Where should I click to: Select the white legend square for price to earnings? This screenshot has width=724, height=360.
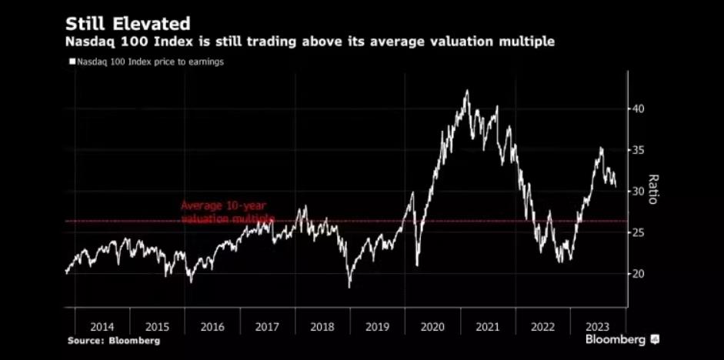click(x=72, y=62)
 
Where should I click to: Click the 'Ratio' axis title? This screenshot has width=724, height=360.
click(x=653, y=188)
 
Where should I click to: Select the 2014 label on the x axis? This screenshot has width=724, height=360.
click(x=102, y=326)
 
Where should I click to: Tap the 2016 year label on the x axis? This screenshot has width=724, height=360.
click(x=212, y=326)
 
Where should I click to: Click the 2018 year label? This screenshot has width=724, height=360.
click(x=322, y=326)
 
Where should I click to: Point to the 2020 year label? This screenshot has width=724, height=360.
click(x=432, y=326)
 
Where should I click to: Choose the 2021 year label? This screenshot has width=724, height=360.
click(x=488, y=326)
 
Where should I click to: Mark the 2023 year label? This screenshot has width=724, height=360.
click(x=598, y=326)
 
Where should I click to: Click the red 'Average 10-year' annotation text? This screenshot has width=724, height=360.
click(x=223, y=205)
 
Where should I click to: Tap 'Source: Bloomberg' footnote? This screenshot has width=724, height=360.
click(x=113, y=340)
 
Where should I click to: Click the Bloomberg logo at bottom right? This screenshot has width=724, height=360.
click(x=622, y=339)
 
